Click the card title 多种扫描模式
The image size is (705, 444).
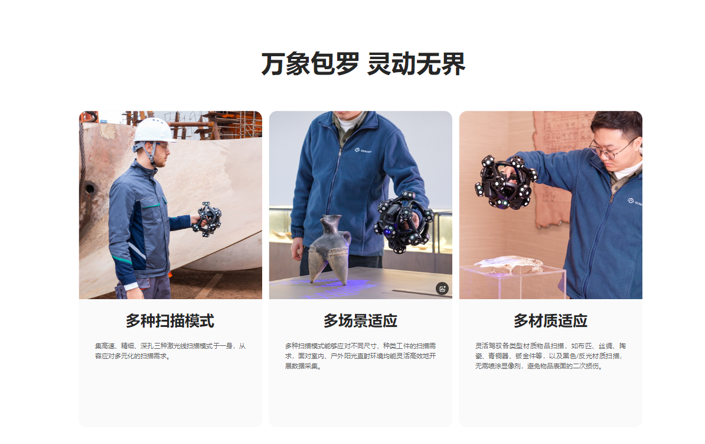coord(170,321)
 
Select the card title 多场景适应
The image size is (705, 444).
coord(360,321)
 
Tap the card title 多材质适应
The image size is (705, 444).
coord(550,321)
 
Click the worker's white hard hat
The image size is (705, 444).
coord(153,129)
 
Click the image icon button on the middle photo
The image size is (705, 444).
coord(442,289)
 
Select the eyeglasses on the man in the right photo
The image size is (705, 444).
coord(614,148)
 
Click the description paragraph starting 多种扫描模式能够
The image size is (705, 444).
coord(360,356)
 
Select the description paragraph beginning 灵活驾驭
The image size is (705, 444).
coord(550,356)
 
